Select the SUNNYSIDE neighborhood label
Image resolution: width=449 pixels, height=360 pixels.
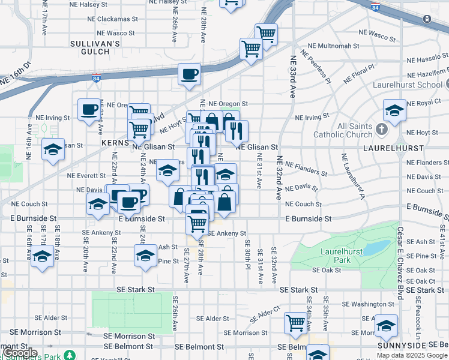(402, 346)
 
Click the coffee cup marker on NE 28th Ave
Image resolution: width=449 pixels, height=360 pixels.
(189, 74)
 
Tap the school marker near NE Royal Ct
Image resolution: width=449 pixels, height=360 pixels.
(394, 110)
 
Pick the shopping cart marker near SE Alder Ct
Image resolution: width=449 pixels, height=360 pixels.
(295, 323)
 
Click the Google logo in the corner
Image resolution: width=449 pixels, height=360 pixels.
(20, 353)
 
